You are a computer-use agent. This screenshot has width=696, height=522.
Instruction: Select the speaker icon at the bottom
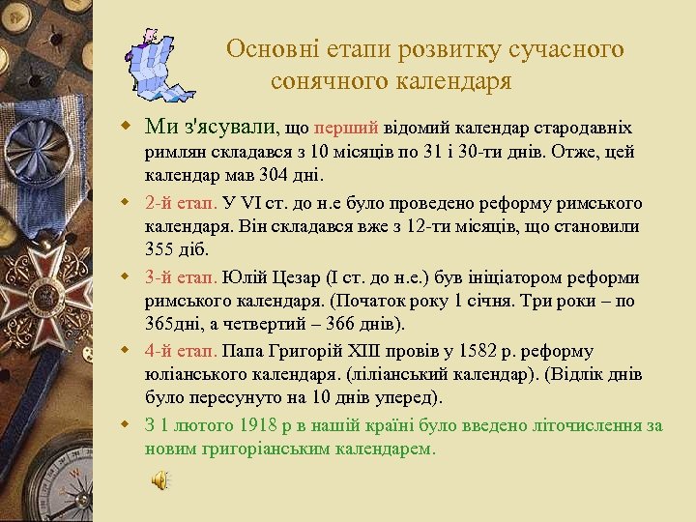[x=160, y=479]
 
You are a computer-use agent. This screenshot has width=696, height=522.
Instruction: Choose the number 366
[x=321, y=324]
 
